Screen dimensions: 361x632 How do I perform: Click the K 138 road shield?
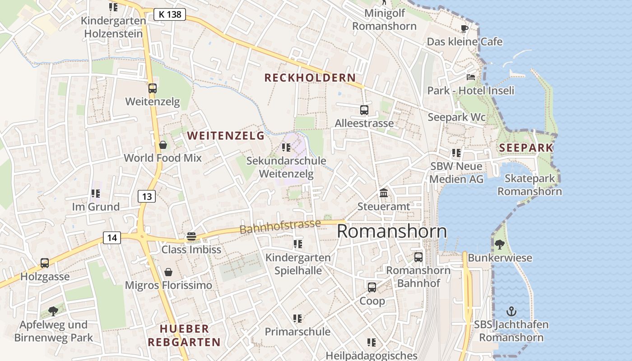(170, 14)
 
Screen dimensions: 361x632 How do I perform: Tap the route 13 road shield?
(147, 196)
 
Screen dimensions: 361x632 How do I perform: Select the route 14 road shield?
(112, 237)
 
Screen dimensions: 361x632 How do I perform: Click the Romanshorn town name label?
(392, 231)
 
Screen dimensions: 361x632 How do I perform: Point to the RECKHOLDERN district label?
(310, 78)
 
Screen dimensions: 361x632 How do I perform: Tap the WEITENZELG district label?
(226, 135)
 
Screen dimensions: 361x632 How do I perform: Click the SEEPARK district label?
(526, 148)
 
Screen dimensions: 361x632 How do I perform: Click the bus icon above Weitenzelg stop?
(153, 88)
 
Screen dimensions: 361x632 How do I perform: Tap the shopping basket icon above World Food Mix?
(163, 145)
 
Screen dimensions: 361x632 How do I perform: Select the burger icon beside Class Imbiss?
(191, 236)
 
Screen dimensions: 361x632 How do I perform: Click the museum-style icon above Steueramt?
(384, 193)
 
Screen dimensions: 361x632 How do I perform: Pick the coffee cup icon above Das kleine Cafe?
(465, 29)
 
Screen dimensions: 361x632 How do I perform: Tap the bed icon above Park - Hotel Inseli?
(471, 77)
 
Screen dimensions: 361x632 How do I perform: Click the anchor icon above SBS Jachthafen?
(511, 311)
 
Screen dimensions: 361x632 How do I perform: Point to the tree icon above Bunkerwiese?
(500, 245)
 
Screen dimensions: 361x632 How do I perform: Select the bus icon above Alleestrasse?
(364, 110)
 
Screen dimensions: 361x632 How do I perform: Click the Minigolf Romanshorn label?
(385, 19)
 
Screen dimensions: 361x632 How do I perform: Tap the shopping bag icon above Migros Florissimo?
(168, 272)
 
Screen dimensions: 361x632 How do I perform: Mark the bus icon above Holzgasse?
(45, 263)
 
